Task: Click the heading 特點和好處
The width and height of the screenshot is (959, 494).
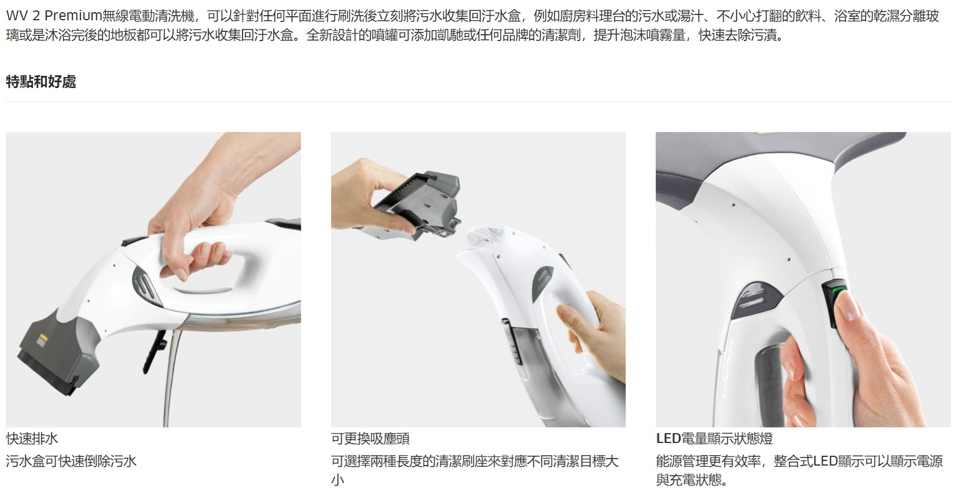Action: pos(41,82)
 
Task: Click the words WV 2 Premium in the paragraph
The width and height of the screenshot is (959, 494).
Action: pos(54,16)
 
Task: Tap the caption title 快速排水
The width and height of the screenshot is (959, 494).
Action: pos(32,438)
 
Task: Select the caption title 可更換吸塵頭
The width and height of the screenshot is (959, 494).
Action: pos(370,438)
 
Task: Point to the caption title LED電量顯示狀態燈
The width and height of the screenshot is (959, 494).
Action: pos(714,438)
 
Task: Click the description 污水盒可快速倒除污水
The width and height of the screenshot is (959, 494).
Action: pos(71,461)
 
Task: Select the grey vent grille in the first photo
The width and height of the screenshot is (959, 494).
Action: pos(144,283)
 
